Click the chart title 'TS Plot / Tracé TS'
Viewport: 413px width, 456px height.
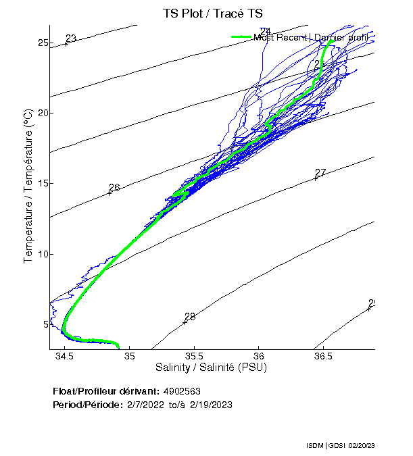212,14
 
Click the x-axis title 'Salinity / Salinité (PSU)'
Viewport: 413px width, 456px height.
212,368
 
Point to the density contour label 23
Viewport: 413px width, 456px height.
71,39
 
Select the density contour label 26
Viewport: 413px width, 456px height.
114,188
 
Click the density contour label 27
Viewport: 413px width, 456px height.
320,173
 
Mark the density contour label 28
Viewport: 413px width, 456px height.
190,316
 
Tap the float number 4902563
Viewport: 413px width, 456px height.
182,391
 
